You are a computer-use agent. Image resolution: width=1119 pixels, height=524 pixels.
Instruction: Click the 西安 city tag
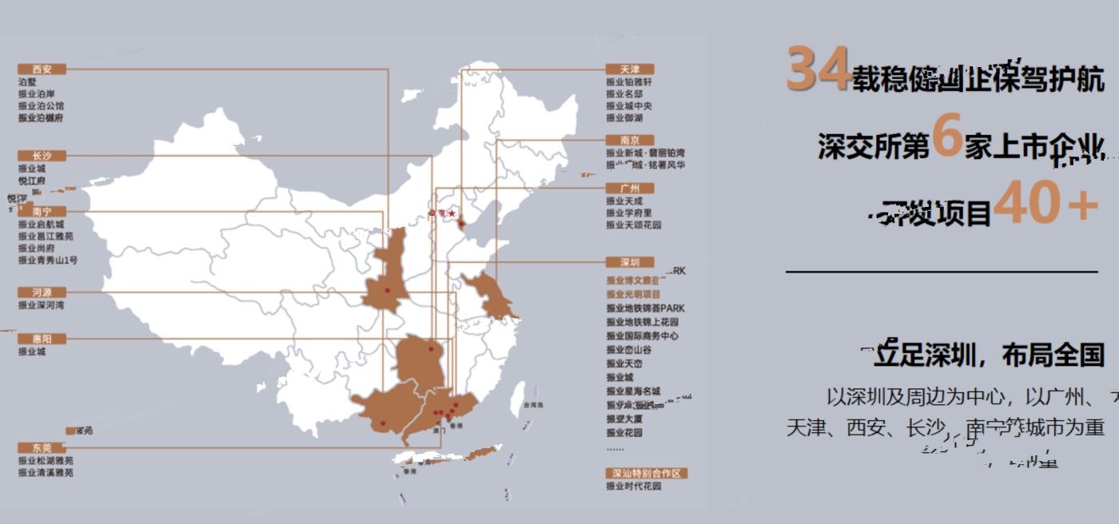[x=42, y=69]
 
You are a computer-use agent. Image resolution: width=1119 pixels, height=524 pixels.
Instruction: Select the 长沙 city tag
[x=42, y=156]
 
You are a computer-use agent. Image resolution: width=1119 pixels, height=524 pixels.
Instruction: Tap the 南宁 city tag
[x=42, y=212]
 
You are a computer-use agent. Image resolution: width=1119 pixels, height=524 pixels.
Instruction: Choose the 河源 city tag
[x=42, y=292]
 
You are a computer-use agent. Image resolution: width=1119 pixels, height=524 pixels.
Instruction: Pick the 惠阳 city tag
[x=42, y=339]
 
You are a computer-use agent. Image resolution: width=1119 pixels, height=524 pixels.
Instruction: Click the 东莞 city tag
[x=42, y=447]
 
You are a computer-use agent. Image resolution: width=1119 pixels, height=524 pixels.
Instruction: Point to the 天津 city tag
[x=630, y=69]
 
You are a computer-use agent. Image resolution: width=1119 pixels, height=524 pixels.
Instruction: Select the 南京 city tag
[x=630, y=140]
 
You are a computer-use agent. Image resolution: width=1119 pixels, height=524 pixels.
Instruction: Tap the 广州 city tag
[x=630, y=189]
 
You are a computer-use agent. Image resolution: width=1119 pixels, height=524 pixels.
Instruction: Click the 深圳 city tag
[x=630, y=262]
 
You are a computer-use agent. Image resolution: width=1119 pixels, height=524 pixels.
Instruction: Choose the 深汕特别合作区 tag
[x=646, y=473]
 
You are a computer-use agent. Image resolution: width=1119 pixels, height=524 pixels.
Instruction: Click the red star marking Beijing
[x=452, y=214]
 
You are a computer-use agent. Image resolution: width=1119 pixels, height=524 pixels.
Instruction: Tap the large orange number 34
[x=817, y=69]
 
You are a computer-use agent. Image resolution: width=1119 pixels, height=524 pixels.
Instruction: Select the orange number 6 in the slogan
[x=946, y=137]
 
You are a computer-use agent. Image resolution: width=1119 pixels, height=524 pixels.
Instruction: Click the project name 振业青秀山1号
[x=48, y=260]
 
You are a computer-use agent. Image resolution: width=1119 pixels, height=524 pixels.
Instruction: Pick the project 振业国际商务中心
[x=642, y=336]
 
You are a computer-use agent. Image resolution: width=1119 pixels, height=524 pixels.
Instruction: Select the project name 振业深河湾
[x=42, y=305]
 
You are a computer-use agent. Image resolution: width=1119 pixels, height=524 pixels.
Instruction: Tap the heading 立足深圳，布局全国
[x=988, y=355]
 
